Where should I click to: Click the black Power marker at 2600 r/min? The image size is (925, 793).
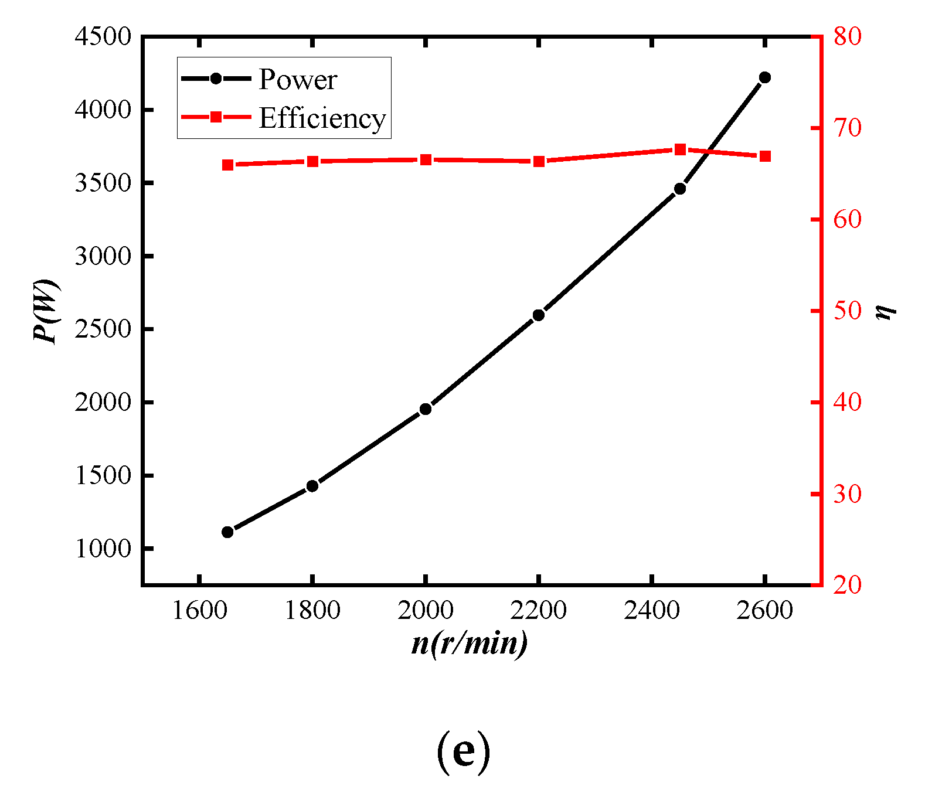tap(764, 77)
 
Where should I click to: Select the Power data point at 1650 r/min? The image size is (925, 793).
tap(227, 532)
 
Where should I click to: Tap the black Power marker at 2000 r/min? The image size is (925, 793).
tap(426, 409)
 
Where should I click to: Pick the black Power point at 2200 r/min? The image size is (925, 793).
tap(539, 315)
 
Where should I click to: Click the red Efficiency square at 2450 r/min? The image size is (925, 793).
tap(680, 149)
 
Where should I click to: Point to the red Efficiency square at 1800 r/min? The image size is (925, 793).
tap(312, 161)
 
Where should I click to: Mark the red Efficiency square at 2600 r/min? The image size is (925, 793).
tap(764, 156)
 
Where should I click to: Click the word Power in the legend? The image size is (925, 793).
tap(298, 80)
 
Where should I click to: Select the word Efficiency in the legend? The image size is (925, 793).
tap(322, 118)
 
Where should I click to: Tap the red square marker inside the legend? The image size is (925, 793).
tap(216, 117)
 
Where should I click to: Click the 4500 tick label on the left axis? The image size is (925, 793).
tap(103, 36)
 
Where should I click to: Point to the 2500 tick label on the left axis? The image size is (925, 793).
tap(103, 329)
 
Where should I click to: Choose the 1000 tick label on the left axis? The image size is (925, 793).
tap(103, 549)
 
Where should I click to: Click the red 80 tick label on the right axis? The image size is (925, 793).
tap(848, 36)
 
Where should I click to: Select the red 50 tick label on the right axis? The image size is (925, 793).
tap(848, 311)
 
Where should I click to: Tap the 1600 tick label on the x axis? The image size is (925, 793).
tap(199, 611)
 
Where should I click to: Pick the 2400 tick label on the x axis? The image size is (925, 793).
tap(651, 611)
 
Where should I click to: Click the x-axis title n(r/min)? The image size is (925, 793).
tap(470, 644)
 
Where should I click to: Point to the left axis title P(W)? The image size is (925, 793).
tap(46, 311)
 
